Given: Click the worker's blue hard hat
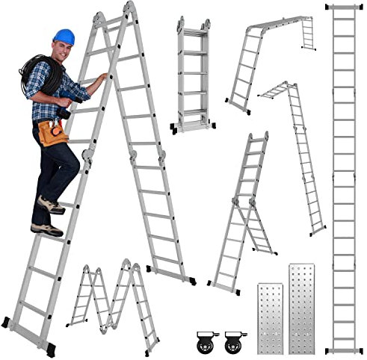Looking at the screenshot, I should click(x=64, y=36).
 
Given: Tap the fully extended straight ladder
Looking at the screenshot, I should click(x=344, y=179).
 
